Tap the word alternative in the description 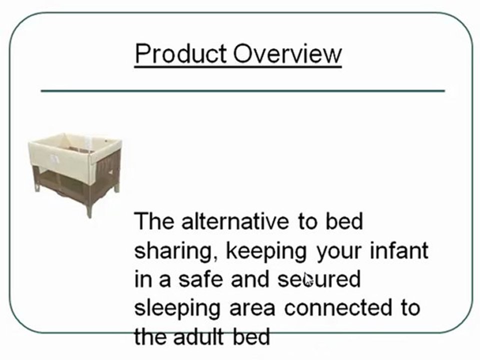235,221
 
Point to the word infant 398,250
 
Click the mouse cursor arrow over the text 307,279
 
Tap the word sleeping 177,308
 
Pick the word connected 334,307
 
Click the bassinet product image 75,170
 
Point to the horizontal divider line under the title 242,91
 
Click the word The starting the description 154,221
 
